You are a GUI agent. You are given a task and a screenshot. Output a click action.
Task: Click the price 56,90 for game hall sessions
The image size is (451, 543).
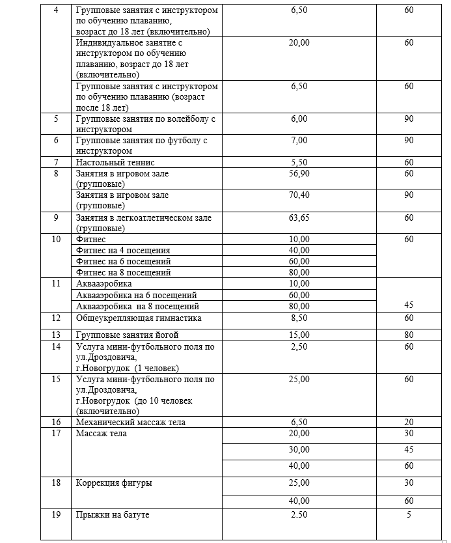[x=299, y=173]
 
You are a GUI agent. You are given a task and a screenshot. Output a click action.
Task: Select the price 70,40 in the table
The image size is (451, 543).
[x=299, y=195]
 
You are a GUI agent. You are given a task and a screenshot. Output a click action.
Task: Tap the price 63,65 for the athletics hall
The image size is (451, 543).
[x=299, y=217]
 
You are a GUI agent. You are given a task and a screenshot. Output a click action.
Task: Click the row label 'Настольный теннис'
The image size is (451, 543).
[x=116, y=162]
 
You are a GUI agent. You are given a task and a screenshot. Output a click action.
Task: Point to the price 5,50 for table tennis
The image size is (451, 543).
[x=299, y=162]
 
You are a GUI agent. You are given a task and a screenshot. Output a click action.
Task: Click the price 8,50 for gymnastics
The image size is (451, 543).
[x=299, y=318]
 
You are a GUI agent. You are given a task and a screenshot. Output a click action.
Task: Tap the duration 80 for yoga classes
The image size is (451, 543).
[x=409, y=335]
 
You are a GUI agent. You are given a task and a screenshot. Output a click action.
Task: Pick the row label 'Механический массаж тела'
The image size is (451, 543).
[x=131, y=423]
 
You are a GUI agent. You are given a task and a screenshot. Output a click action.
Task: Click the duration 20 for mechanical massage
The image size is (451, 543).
[x=409, y=423]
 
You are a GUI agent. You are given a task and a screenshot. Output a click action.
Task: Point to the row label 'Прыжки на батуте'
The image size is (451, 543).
[x=113, y=515]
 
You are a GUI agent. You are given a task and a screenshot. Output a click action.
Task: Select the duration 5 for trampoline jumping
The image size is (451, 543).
[x=409, y=515]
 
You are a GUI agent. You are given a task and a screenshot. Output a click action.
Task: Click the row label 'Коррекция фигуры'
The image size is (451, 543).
[x=115, y=483]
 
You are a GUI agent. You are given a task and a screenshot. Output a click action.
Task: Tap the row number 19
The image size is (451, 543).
[x=56, y=515]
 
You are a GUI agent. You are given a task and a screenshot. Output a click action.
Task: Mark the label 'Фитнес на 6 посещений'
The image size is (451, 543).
[x=124, y=261]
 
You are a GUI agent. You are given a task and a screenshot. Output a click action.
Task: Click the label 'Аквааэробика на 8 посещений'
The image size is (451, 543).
[x=137, y=306]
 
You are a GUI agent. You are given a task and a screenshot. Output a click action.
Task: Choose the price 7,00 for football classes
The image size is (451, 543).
[x=299, y=141]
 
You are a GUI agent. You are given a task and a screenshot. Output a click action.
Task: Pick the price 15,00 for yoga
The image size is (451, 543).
[x=299, y=335]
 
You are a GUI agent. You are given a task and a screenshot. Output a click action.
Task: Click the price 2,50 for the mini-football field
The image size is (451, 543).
[x=299, y=347]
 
